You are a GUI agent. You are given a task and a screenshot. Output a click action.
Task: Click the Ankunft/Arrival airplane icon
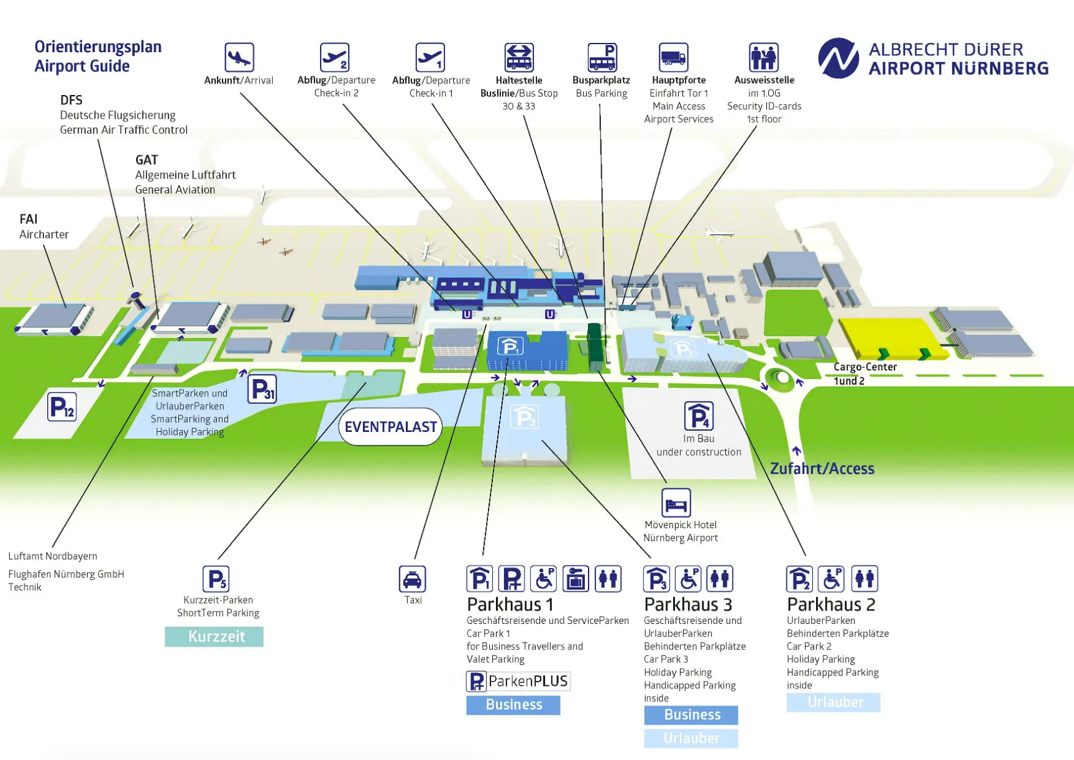(239, 58)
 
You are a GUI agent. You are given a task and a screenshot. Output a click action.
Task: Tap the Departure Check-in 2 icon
(334, 58)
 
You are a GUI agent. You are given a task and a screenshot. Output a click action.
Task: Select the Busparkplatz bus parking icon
(602, 58)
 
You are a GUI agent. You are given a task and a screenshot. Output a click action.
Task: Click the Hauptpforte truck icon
(673, 58)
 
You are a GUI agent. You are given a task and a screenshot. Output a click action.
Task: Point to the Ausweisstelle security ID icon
(764, 58)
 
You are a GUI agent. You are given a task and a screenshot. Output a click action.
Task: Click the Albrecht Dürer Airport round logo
(838, 58)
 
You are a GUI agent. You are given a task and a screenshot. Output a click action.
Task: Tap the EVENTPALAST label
(391, 427)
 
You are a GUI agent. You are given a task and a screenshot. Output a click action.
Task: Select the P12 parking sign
(62, 407)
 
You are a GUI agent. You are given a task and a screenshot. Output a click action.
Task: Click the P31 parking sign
(262, 390)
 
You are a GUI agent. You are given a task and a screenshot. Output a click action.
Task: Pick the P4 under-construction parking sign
(699, 416)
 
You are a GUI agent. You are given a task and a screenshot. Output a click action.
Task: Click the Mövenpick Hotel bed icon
(676, 502)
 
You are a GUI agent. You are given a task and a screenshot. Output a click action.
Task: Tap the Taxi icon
(413, 579)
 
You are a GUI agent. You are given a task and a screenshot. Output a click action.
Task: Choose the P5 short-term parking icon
(216, 579)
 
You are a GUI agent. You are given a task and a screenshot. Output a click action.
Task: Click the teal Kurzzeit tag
(214, 636)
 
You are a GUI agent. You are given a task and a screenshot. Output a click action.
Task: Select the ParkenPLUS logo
(518, 682)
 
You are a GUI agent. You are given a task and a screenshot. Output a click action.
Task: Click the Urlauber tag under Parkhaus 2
(833, 702)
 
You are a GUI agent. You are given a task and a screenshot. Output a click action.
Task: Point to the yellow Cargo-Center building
(892, 339)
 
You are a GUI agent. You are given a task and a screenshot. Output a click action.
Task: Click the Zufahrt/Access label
(822, 469)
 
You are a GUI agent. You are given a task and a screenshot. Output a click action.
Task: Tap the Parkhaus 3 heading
(688, 604)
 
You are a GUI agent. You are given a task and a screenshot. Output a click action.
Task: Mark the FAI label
(29, 219)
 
